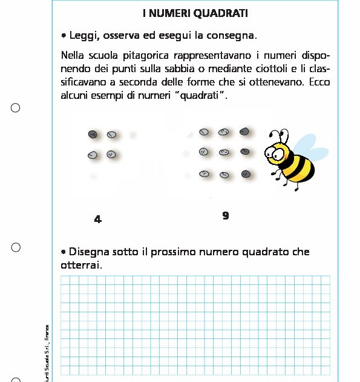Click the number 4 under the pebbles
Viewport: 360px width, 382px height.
pos(98,219)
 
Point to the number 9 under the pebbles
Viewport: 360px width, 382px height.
pos(226,215)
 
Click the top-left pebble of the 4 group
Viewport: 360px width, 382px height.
pos(93,134)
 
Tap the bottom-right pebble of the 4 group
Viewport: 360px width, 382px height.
pos(111,155)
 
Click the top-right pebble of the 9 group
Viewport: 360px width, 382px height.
pos(244,131)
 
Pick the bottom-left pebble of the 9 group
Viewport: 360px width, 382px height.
pos(204,173)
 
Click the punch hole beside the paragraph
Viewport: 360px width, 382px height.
pos(16,107)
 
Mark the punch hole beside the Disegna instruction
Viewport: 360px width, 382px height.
pos(16,247)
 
